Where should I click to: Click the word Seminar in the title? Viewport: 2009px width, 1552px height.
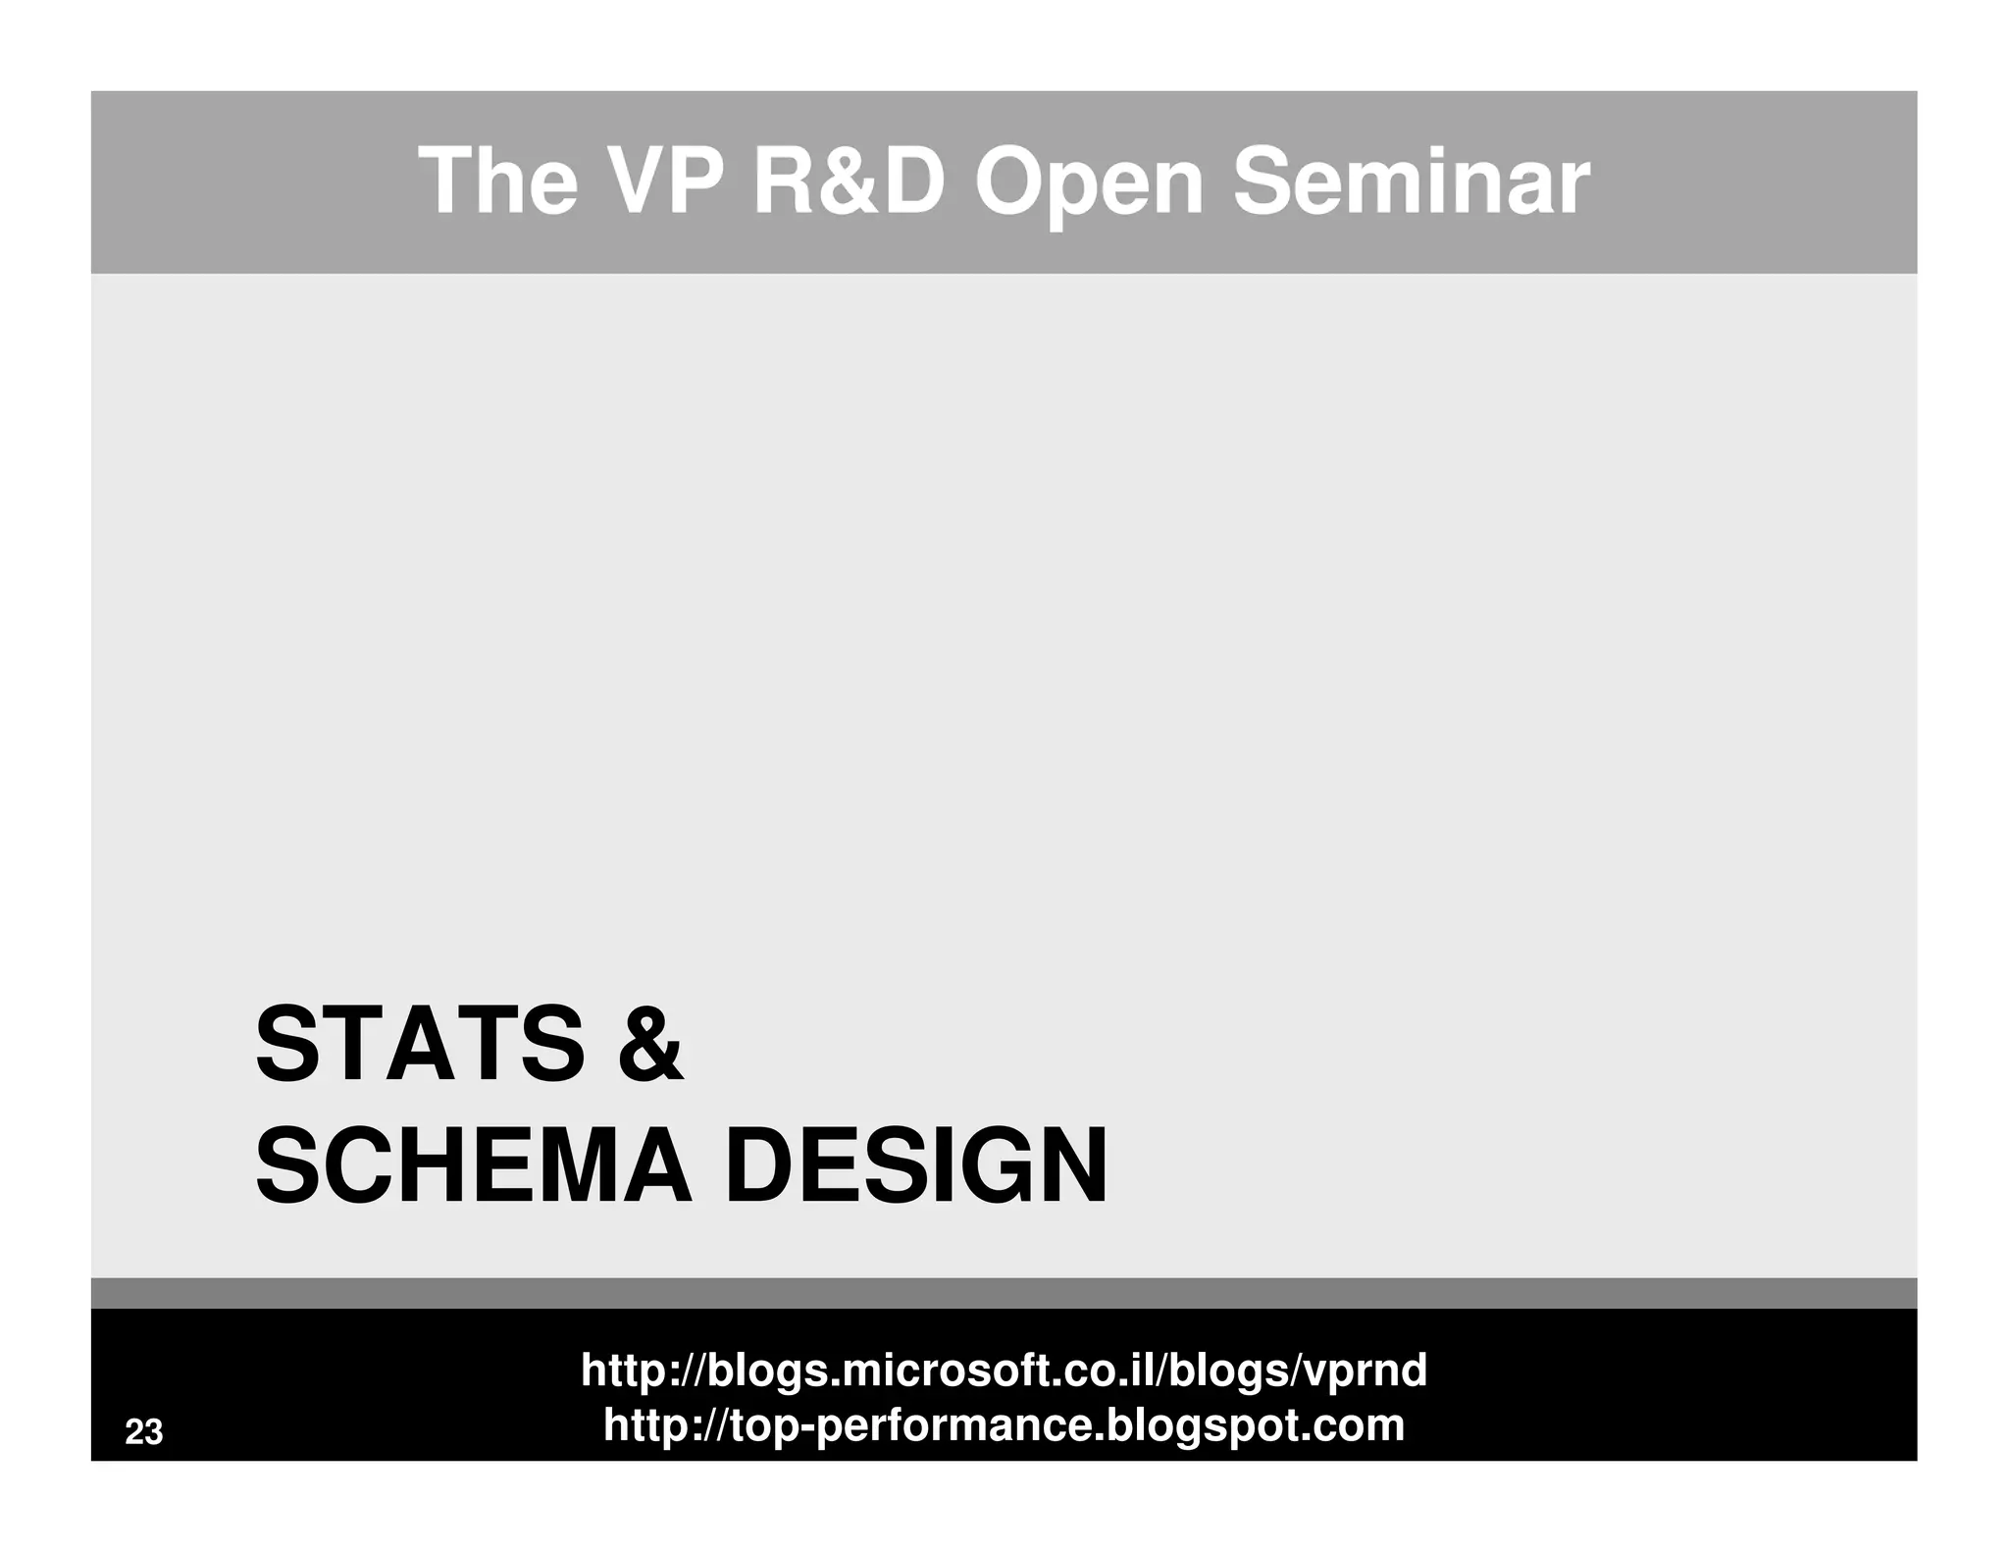coord(1410,182)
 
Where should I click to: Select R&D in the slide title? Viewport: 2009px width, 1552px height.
coord(849,182)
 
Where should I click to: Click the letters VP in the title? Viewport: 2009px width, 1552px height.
coord(663,182)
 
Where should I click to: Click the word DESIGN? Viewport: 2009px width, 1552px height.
coord(916,1166)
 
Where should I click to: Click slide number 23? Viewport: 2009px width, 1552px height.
coord(143,1432)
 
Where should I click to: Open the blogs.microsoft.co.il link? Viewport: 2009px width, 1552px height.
coord(1004,1370)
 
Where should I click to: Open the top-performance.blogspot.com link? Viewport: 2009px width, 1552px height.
coord(1004,1424)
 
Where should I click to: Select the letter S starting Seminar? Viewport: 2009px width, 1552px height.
coord(1263,182)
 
